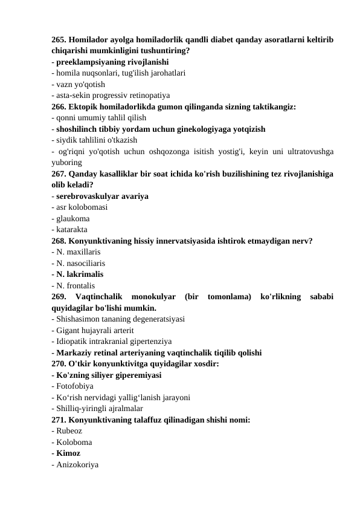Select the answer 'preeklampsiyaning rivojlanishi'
coord(112,62)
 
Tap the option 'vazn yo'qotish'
coord(81,84)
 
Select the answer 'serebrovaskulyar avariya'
coord(103,196)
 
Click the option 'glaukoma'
coord(72,218)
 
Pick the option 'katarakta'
coord(71,230)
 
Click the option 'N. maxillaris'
coord(78,251)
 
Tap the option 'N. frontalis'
coord(76,285)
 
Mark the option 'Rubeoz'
coord(69,430)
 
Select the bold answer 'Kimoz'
coord(68,453)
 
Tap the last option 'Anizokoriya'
coord(77,464)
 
